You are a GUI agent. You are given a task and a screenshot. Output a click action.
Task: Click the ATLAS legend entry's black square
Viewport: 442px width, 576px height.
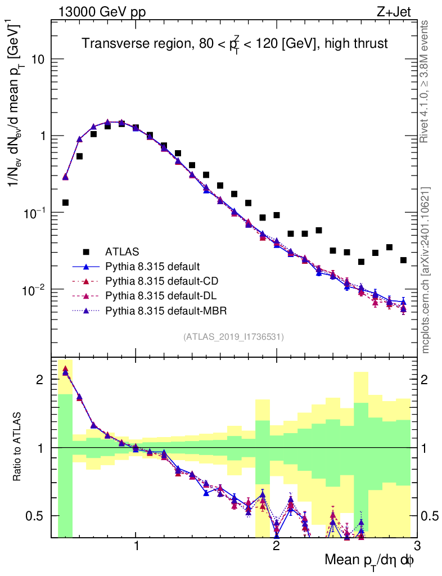87,251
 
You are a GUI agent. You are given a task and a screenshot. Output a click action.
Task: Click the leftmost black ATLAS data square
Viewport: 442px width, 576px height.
65,202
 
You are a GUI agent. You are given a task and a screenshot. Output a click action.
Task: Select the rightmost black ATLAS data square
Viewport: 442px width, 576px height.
403,260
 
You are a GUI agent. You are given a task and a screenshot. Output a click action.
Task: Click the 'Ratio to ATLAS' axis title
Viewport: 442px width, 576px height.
19,447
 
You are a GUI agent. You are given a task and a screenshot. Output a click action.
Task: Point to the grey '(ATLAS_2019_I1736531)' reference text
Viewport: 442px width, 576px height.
233,337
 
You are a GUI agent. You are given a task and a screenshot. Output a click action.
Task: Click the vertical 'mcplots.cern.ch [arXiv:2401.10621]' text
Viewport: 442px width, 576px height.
426,270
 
